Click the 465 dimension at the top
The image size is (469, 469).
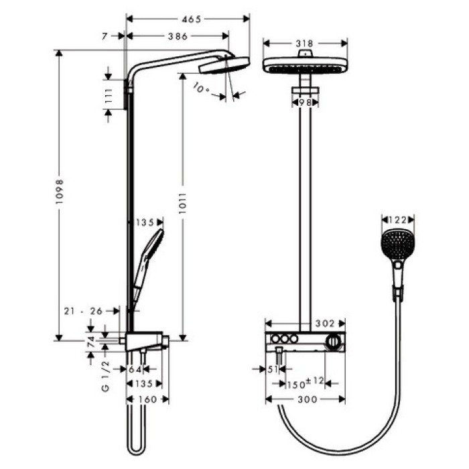pyautogui.click(x=192, y=20)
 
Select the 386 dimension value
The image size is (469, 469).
pyautogui.click(x=177, y=37)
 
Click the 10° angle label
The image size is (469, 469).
pyautogui.click(x=200, y=88)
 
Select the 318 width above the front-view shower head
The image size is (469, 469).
pyautogui.click(x=306, y=42)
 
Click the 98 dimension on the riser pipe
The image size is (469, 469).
pyautogui.click(x=306, y=103)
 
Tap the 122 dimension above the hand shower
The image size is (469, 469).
pyautogui.click(x=397, y=218)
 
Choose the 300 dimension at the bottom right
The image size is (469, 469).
pyautogui.click(x=306, y=400)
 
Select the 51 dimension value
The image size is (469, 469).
pyautogui.click(x=271, y=369)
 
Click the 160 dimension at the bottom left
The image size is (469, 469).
pyautogui.click(x=147, y=400)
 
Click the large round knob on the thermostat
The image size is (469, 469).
pyautogui.click(x=332, y=342)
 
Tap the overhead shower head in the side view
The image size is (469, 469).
pyautogui.click(x=224, y=65)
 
